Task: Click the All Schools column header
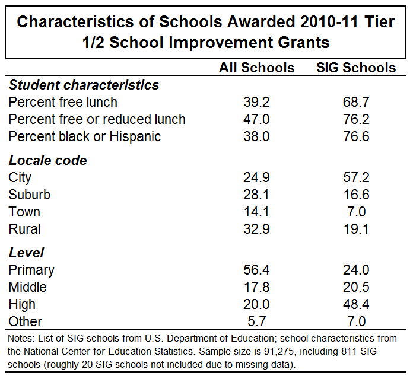256,68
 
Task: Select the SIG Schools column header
356,68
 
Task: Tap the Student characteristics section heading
84,85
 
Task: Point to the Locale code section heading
47,160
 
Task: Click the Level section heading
26,253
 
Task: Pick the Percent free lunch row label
63,102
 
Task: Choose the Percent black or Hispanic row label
85,136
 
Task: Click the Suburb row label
29,195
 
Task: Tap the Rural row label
24,229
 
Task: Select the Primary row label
31,270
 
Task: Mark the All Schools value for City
256,177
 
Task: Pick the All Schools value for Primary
256,270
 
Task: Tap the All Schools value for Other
256,321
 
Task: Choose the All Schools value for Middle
256,287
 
